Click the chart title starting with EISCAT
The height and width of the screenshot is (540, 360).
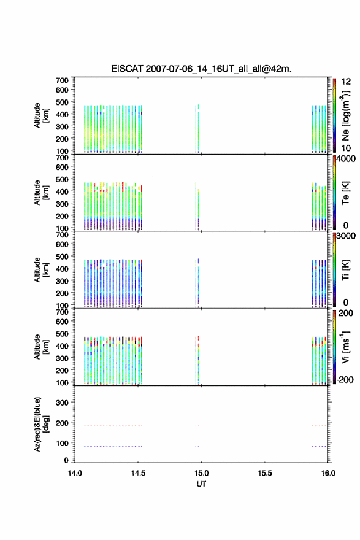tap(201, 69)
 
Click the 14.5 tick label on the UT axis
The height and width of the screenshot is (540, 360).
tap(138, 473)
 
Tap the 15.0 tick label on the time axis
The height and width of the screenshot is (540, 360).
tap(201, 473)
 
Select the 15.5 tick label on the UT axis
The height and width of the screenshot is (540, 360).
tap(265, 473)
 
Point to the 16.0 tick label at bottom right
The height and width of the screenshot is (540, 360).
tap(328, 473)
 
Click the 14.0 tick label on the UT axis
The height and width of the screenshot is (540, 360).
tap(75, 473)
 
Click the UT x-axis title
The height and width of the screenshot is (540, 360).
tap(201, 484)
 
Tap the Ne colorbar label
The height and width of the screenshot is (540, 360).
tap(345, 116)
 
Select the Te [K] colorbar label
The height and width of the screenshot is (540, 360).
tap(345, 193)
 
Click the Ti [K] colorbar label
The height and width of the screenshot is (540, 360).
tap(345, 270)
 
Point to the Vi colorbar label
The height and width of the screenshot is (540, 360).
tap(345, 347)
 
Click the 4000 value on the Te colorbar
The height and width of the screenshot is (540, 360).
tap(346, 159)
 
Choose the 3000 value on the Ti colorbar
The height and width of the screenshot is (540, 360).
tap(346, 236)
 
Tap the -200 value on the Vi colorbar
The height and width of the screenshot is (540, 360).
tap(345, 379)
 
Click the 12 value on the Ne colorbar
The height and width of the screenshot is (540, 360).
tap(346, 82)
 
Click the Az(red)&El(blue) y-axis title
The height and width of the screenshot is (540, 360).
tap(40, 424)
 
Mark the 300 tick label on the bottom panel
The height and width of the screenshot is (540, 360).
tap(63, 403)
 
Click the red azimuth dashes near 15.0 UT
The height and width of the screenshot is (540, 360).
tap(197, 426)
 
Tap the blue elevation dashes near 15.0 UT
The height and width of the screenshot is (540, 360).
tap(197, 447)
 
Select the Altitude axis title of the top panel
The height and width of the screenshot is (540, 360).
tap(40, 116)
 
